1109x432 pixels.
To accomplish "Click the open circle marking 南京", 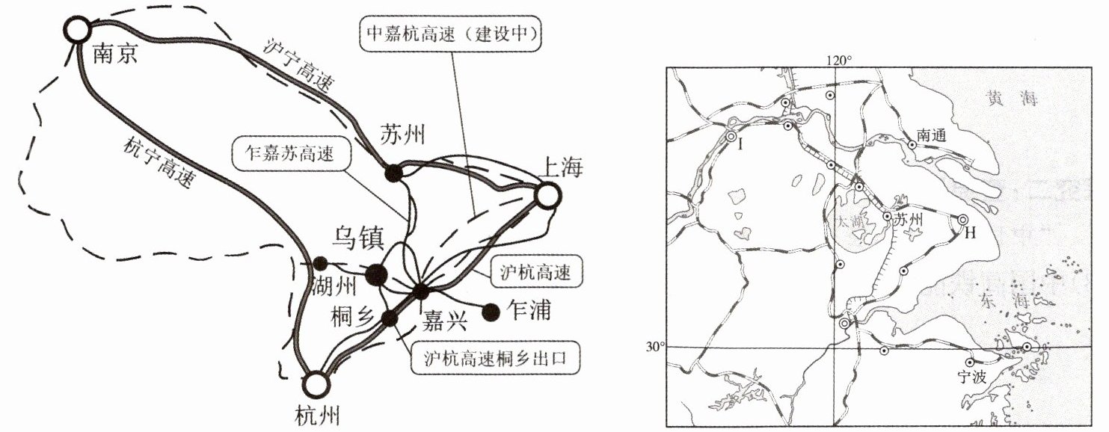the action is (x=77, y=31).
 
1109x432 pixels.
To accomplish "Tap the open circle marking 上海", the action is (x=547, y=197).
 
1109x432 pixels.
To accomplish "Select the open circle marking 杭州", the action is (x=316, y=384).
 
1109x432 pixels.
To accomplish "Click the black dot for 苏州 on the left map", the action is (x=393, y=173).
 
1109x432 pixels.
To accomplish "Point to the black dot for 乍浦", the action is (x=491, y=312).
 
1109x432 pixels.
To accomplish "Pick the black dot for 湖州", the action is (x=320, y=262).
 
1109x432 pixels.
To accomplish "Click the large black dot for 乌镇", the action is (x=376, y=275).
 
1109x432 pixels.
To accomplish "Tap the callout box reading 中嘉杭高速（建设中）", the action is (x=450, y=34).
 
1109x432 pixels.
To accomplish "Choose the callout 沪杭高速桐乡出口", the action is (x=496, y=360).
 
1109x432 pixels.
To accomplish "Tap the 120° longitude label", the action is (x=838, y=60).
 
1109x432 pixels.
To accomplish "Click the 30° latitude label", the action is (x=654, y=347).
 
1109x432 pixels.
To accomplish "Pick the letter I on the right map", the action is (x=740, y=144).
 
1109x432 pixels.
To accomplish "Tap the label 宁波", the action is (x=977, y=377).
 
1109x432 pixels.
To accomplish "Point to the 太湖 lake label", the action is (x=847, y=222).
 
